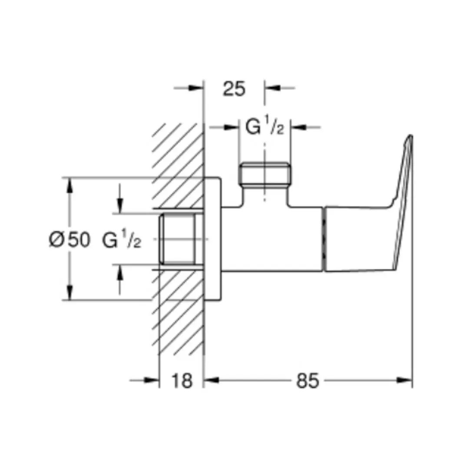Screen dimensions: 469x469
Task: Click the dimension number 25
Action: click(234, 89)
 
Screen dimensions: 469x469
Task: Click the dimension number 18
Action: click(182, 381)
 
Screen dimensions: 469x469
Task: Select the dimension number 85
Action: click(307, 381)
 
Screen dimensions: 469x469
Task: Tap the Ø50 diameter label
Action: click(69, 240)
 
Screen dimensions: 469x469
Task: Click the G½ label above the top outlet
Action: click(264, 127)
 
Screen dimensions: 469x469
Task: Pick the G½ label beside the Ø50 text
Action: click(122, 240)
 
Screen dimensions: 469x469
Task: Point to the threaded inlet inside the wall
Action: click(178, 239)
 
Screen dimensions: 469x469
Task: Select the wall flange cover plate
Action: click(213, 239)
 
